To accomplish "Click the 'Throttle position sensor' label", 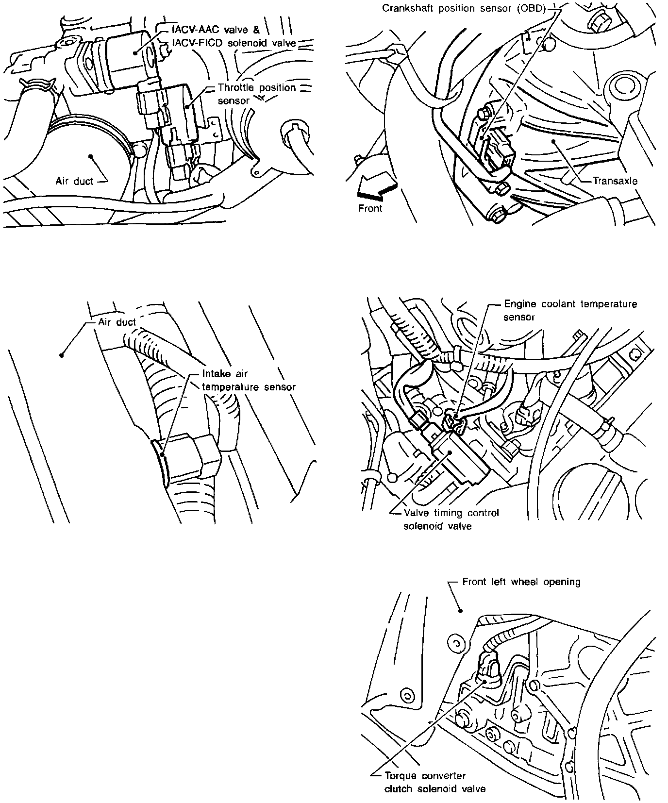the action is tap(256, 94).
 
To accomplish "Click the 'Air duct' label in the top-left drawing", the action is tap(74, 181).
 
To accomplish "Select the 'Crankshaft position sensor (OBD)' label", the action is tap(464, 8).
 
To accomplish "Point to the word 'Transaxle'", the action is tap(615, 181).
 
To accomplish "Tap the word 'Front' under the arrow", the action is tap(370, 208).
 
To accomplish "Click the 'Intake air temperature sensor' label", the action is tap(249, 381).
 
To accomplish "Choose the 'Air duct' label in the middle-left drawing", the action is tap(117, 322).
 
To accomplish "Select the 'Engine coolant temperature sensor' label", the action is tap(570, 310).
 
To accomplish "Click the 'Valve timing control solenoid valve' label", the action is tap(451, 519).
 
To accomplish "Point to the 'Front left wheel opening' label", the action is tap(521, 581).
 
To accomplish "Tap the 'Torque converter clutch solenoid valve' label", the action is tap(434, 782).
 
